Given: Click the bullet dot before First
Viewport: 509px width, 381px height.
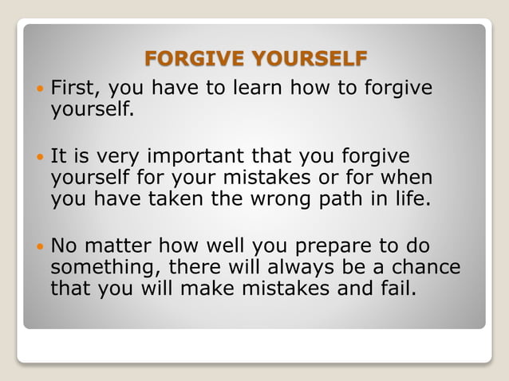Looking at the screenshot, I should point(37,88).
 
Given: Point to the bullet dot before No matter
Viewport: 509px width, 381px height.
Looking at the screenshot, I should point(37,245).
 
